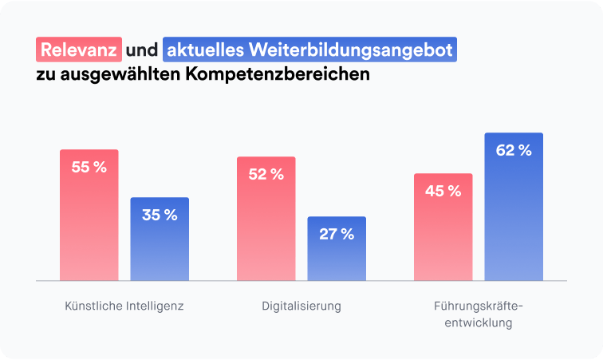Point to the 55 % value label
pyautogui.click(x=89, y=168)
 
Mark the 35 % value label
pyautogui.click(x=160, y=215)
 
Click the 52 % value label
pyautogui.click(x=266, y=175)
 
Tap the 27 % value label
pyautogui.click(x=337, y=234)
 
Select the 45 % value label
pyautogui.click(x=443, y=192)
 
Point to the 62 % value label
pyautogui.click(x=514, y=150)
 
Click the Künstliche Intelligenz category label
pyautogui.click(x=124, y=306)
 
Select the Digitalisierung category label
pyautogui.click(x=301, y=306)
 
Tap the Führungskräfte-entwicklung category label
pyautogui.click(x=479, y=315)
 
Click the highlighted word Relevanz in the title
pyautogui.click(x=79, y=50)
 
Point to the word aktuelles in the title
pyautogui.click(x=205, y=50)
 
